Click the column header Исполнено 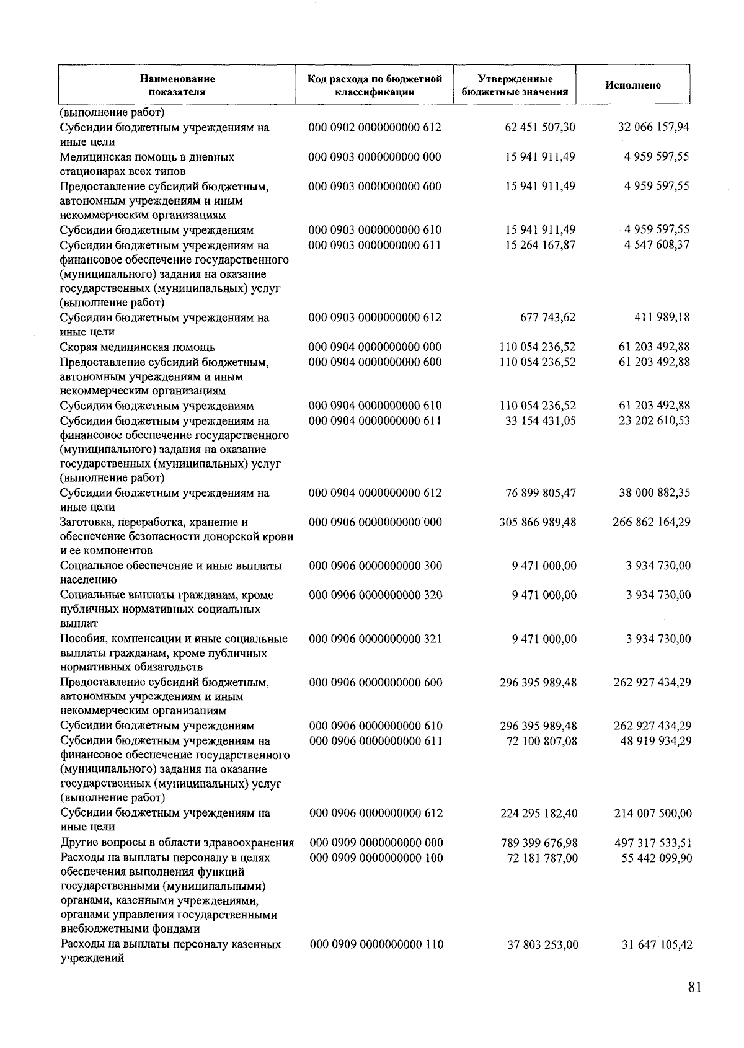point(632,85)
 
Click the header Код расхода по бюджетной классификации point(374,86)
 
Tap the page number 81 point(694,987)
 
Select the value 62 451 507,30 point(540,127)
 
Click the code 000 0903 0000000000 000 point(374,157)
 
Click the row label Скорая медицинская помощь point(138,347)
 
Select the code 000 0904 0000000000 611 point(374,420)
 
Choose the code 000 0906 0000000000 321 point(375,639)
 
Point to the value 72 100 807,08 point(541,740)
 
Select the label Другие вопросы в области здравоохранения point(177,843)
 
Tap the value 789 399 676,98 point(539,843)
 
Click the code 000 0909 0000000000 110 point(376,944)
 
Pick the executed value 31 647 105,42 point(657,945)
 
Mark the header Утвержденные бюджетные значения point(515,86)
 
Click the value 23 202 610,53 point(654,420)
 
